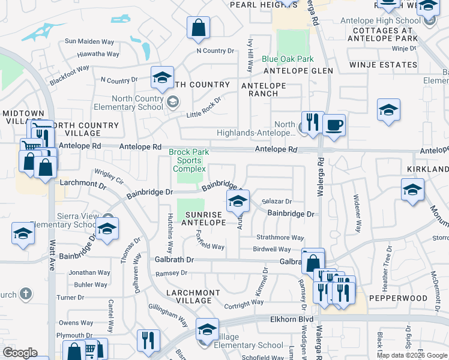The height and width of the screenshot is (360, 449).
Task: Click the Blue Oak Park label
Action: click(288, 59)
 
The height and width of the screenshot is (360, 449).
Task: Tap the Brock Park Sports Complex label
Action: click(189, 161)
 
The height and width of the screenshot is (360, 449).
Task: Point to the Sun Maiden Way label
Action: click(89, 42)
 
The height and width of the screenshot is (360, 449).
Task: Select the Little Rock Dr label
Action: click(203, 106)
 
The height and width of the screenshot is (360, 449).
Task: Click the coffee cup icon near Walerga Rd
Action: click(334, 126)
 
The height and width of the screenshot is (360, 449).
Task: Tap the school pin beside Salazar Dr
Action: click(238, 202)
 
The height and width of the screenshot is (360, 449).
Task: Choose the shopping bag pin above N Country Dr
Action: click(198, 28)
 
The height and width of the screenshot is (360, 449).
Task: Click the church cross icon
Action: click(25, 294)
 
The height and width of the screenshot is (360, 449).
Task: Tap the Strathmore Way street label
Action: click(280, 238)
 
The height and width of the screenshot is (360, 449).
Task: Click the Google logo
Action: click(20, 353)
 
